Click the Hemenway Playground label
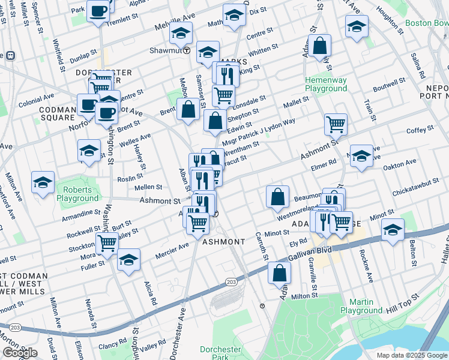pos(326,84)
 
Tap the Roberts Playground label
pos(77,194)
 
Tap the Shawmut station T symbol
pos(187,50)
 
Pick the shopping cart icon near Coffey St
pos(336,124)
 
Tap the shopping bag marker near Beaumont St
pos(277,196)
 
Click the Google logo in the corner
pos(20,353)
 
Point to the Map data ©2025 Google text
pos(411,355)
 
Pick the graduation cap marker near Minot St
pos(393,229)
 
